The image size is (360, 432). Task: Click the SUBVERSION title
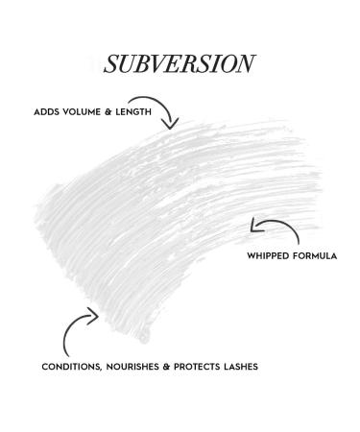coord(180,63)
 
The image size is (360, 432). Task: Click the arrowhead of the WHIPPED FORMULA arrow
coord(253,228)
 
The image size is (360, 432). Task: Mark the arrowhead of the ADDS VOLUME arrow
coord(173,123)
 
